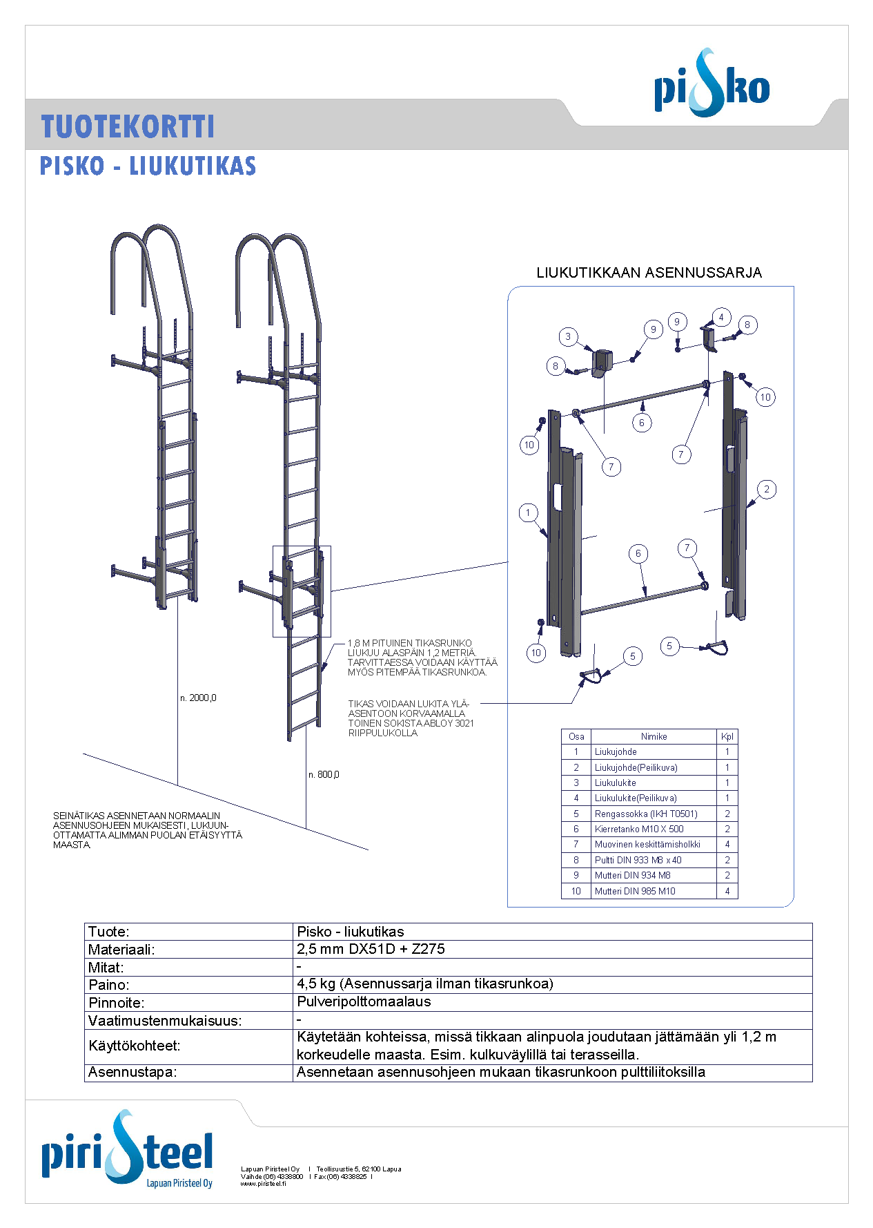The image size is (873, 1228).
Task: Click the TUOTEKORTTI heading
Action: [x=128, y=127]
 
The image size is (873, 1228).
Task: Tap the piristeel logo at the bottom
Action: [x=127, y=1151]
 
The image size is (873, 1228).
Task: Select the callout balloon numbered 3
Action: [x=568, y=337]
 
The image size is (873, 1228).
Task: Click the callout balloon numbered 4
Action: [x=721, y=318]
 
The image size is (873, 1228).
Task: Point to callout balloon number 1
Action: [x=528, y=512]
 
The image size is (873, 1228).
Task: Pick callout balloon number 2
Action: [x=766, y=490]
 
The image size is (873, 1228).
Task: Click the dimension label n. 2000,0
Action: [x=198, y=698]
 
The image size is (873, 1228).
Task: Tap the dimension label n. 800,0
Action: [x=324, y=775]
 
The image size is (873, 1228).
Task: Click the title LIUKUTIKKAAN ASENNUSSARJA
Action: [x=649, y=273]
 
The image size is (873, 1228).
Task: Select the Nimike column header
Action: [x=654, y=736]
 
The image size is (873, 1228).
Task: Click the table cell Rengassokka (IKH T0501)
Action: [x=646, y=814]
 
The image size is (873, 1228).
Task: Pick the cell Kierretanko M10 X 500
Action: [x=639, y=829]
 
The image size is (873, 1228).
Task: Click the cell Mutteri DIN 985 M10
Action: [x=635, y=891]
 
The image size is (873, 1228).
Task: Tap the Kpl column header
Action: [x=727, y=736]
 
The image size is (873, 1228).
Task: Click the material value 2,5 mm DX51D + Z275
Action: [x=371, y=949]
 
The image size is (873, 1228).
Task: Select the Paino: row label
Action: [x=109, y=985]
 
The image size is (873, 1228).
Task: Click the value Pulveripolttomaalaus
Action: [x=364, y=1001]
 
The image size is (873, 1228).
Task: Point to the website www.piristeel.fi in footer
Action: [x=263, y=1183]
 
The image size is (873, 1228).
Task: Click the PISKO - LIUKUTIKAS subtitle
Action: [x=148, y=166]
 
